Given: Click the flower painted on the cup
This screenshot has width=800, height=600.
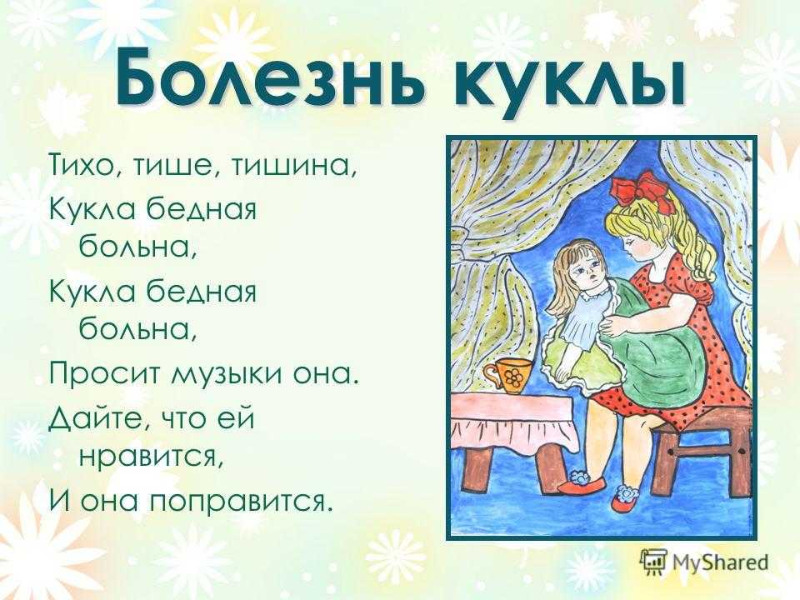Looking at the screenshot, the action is tap(512, 377).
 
